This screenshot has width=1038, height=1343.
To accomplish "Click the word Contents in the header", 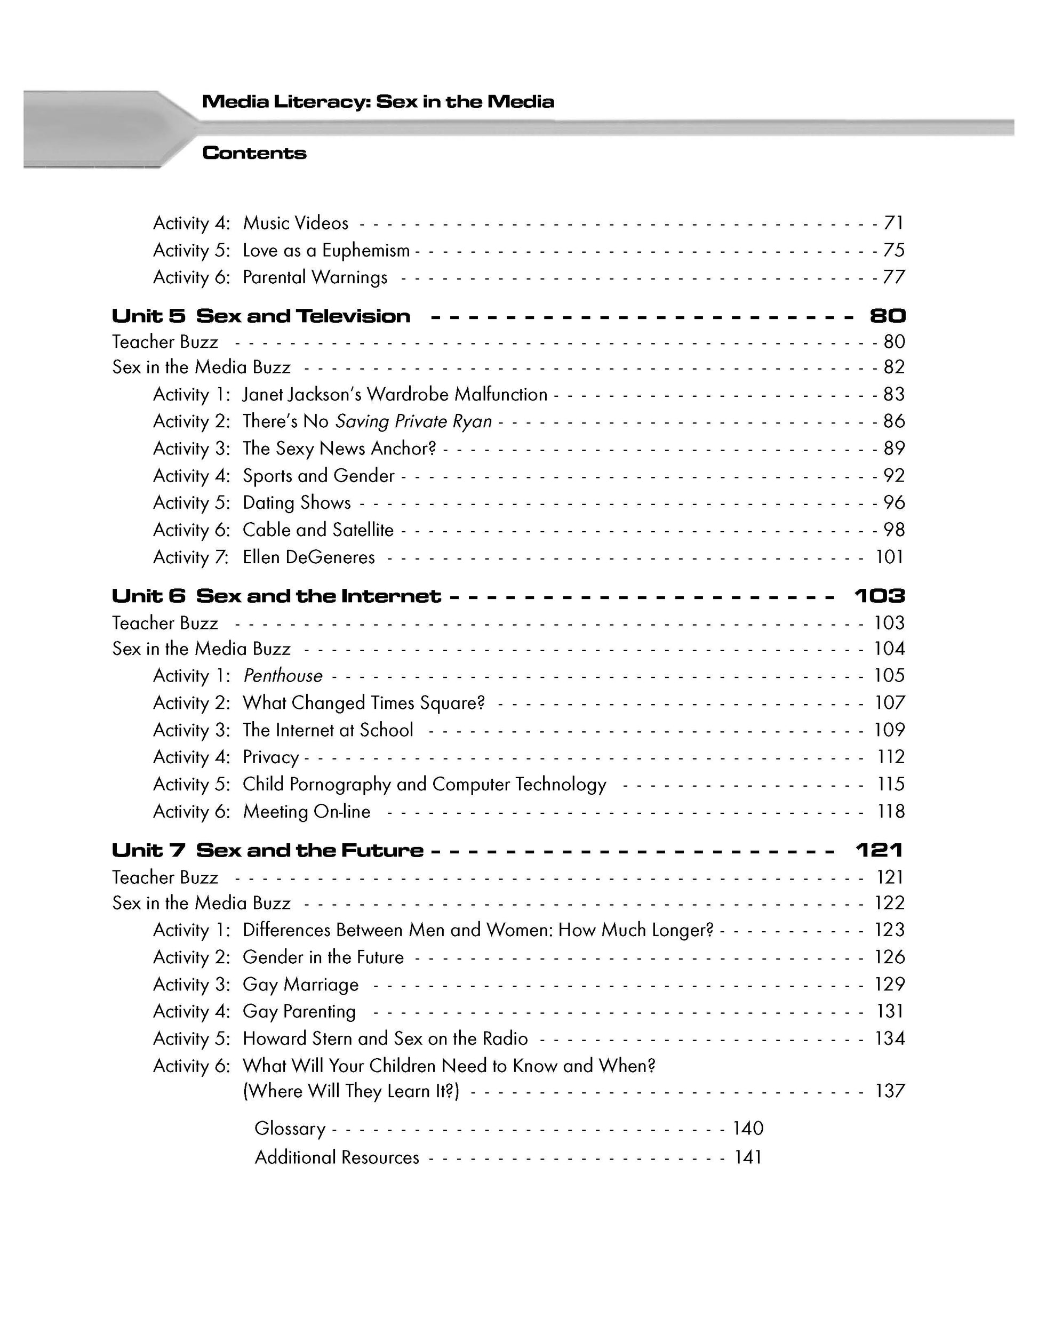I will tap(254, 153).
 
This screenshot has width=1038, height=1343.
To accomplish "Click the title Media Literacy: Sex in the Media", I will tap(378, 101).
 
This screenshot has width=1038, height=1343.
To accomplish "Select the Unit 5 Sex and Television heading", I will tap(261, 316).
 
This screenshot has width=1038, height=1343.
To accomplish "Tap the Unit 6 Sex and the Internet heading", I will tap(276, 596).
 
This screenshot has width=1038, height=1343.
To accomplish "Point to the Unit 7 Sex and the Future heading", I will tap(267, 851).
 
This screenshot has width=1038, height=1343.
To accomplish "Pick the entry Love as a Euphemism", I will tap(326, 250).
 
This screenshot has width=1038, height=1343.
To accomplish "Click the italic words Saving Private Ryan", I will tap(413, 421).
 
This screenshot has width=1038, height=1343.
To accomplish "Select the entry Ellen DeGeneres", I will tap(309, 557).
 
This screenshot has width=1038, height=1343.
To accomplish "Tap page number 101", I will tap(889, 557).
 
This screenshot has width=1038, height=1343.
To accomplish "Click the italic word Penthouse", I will tap(283, 676).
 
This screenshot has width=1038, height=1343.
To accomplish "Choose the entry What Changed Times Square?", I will tap(363, 703).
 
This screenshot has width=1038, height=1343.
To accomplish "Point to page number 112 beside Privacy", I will tap(890, 757).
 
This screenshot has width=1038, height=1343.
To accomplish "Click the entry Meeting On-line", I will tap(306, 812).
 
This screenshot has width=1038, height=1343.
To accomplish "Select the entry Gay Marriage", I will tap(301, 985).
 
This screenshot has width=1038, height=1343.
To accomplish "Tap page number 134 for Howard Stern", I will tap(890, 1038).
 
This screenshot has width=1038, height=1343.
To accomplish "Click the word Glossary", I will tap(290, 1129).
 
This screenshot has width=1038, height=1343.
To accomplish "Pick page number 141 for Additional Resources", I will tap(748, 1157).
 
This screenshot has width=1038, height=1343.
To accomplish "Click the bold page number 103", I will tap(880, 596).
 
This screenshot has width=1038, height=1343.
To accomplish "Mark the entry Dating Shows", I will tap(297, 503).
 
